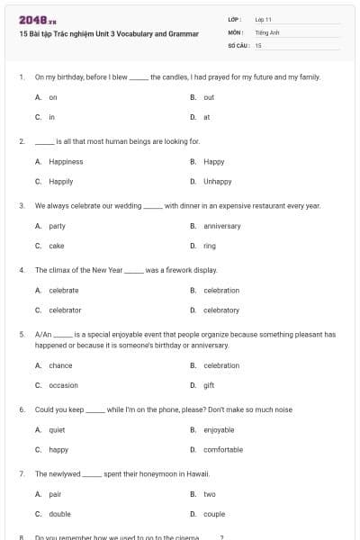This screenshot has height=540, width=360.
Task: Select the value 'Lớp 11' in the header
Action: click(x=264, y=19)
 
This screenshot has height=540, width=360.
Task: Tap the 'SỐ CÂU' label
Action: click(x=238, y=44)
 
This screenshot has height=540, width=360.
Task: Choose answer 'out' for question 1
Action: click(x=209, y=97)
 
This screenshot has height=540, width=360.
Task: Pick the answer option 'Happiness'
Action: click(x=66, y=162)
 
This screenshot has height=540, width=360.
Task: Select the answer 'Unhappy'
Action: click(x=217, y=182)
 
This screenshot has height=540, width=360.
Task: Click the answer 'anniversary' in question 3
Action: click(x=221, y=226)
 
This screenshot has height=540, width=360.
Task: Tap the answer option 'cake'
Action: click(x=56, y=246)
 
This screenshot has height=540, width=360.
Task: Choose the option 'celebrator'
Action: click(x=65, y=310)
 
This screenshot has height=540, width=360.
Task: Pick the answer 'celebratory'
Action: click(x=221, y=310)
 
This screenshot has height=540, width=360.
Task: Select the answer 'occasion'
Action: click(x=63, y=385)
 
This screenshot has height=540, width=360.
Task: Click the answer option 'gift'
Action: click(x=209, y=385)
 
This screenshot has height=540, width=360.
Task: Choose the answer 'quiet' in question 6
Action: click(x=57, y=430)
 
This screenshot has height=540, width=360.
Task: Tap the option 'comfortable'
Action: click(x=223, y=450)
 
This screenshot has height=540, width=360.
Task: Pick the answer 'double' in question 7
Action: click(x=59, y=514)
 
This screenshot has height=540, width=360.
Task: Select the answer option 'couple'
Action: click(x=214, y=514)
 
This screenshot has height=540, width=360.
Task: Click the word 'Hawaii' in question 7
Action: click(x=197, y=473)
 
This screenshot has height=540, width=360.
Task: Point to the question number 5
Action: click(x=21, y=334)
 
